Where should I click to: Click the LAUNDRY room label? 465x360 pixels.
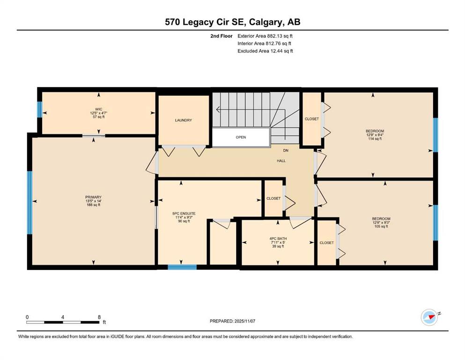(x=183, y=120)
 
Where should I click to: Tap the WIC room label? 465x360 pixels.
(x=98, y=109)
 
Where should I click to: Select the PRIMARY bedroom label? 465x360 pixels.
(x=93, y=197)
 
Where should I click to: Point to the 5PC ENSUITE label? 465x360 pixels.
(x=184, y=213)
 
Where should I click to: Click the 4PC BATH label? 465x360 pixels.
(x=278, y=239)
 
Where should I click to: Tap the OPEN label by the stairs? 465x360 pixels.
(x=241, y=137)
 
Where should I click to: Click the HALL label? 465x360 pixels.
(x=281, y=161)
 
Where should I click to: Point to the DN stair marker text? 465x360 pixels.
(x=286, y=150)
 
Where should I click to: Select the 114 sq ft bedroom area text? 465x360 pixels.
(x=375, y=139)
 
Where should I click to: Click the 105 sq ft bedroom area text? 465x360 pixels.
(x=381, y=226)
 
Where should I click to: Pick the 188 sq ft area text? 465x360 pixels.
(x=93, y=205)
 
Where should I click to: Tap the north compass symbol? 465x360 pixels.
(x=430, y=317)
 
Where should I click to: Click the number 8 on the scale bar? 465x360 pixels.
(x=99, y=317)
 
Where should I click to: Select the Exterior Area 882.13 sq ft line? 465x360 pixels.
(x=265, y=36)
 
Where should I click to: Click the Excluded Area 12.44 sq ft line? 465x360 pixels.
(x=265, y=51)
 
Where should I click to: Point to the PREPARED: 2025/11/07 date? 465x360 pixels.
(x=232, y=321)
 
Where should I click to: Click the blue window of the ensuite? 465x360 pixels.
(x=182, y=267)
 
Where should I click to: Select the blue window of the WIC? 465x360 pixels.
(x=39, y=110)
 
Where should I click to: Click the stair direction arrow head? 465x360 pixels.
(x=218, y=110)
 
